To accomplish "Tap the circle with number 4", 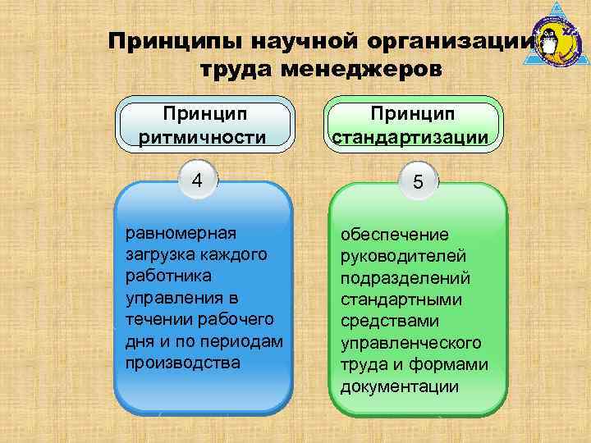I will point(196,180).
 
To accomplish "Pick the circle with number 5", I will point(418,183).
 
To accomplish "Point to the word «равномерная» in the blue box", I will point(181,233).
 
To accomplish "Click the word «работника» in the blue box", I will point(168,276).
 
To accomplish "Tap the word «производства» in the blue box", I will point(183,362).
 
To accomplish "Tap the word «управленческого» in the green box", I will point(411,343).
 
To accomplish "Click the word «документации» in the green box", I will point(400,386).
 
